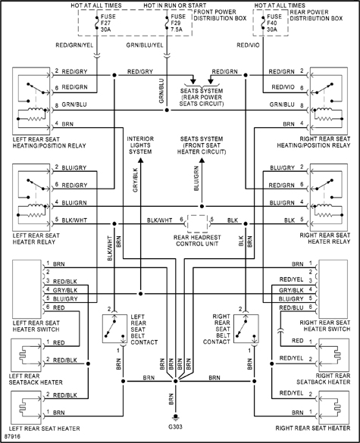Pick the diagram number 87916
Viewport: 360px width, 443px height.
point(14,437)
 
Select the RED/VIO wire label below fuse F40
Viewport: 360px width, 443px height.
point(249,45)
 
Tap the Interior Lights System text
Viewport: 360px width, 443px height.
point(145,145)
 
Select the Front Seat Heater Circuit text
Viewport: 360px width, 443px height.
point(201,145)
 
